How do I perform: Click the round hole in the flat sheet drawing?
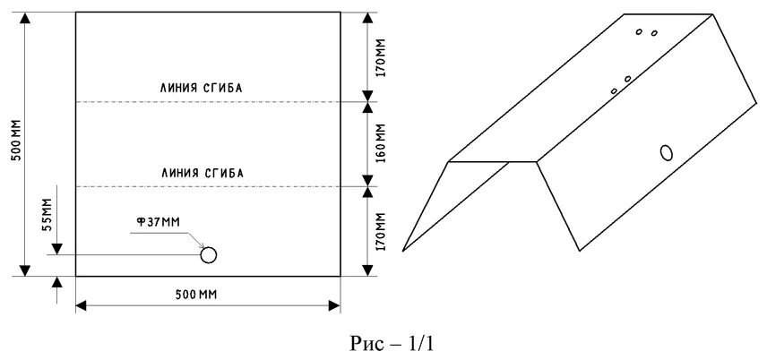(209, 255)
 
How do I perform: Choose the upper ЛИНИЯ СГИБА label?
(202, 88)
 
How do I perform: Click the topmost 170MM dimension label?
(380, 55)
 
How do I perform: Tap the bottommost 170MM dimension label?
(380, 230)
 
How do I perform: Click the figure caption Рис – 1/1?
(394, 342)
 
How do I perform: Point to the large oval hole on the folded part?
(667, 152)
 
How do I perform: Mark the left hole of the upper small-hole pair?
(639, 31)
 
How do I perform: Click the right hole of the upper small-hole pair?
(654, 34)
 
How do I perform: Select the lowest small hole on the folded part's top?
(614, 90)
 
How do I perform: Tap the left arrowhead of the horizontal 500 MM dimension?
(81, 306)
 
